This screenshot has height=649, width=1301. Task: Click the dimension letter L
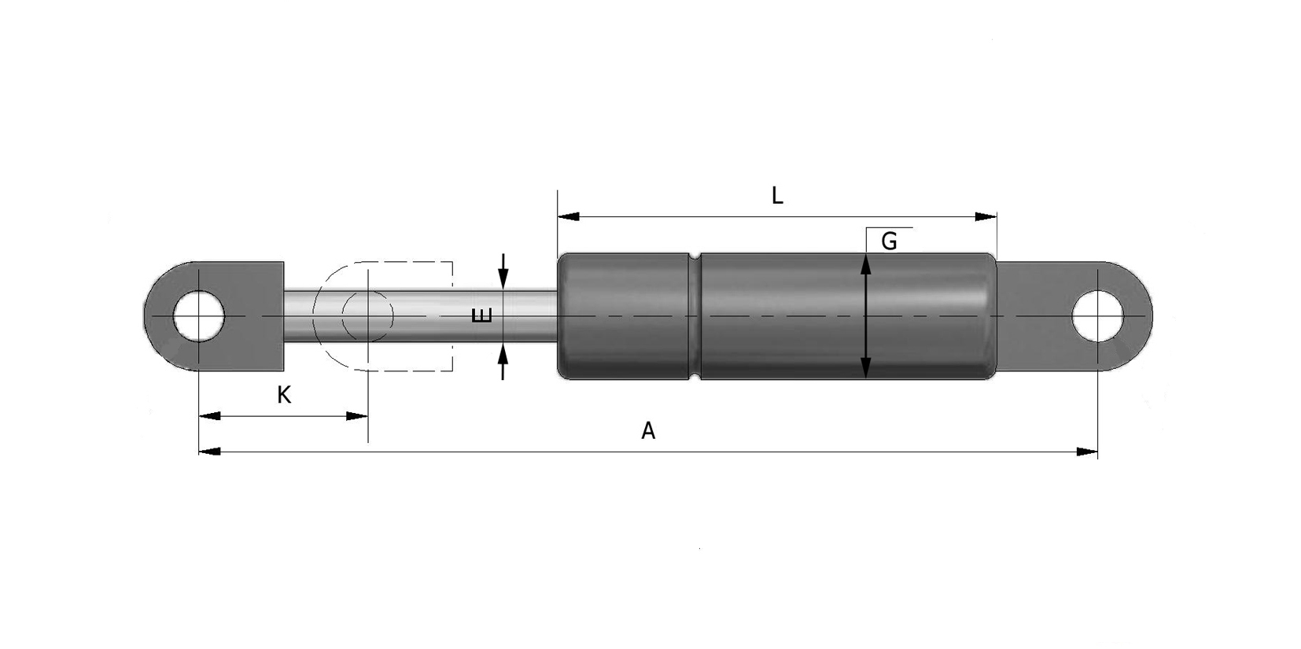pyautogui.click(x=777, y=195)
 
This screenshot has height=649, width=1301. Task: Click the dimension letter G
pyautogui.click(x=889, y=242)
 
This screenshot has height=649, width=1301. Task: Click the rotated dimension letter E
pyautogui.click(x=481, y=315)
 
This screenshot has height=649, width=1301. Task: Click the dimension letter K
pyautogui.click(x=284, y=395)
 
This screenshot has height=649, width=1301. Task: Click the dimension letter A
pyautogui.click(x=648, y=431)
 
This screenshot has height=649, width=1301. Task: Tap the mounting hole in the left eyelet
pyautogui.click(x=200, y=315)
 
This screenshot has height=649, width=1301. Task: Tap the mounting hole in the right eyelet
pyautogui.click(x=1098, y=315)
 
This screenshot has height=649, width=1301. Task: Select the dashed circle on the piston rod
pyautogui.click(x=367, y=315)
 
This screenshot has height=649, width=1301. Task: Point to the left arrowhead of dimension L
pyautogui.click(x=567, y=216)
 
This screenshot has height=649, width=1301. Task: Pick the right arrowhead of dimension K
pyautogui.click(x=358, y=416)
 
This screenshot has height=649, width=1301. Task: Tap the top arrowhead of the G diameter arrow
pyautogui.click(x=866, y=264)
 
